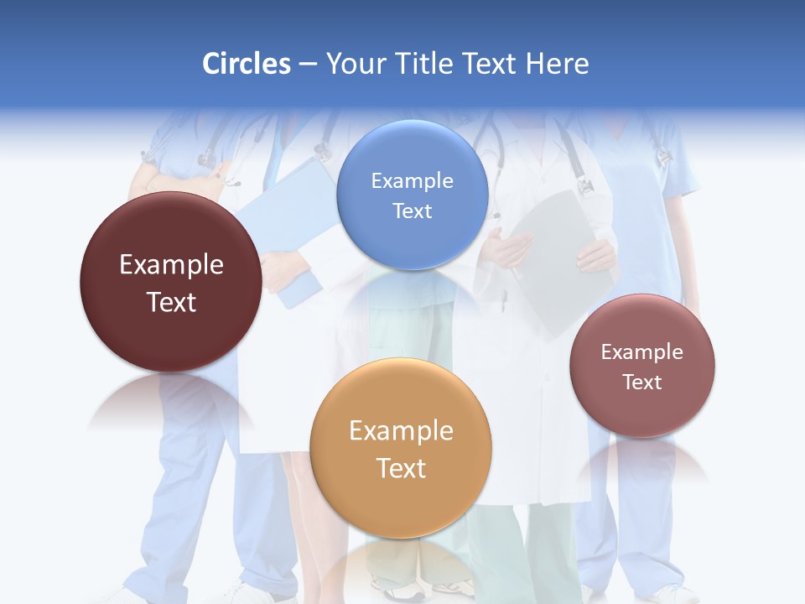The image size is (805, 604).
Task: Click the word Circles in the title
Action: click(247, 64)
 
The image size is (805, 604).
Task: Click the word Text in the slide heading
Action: click(491, 64)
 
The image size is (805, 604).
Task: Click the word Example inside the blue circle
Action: click(412, 180)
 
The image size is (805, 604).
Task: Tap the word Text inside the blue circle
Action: click(412, 211)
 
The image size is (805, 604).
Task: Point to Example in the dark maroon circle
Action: click(171, 264)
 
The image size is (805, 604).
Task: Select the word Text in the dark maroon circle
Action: click(171, 302)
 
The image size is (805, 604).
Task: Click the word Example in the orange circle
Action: click(401, 430)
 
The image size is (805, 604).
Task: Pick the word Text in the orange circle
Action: click(401, 468)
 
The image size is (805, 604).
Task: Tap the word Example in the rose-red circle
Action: click(642, 351)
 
